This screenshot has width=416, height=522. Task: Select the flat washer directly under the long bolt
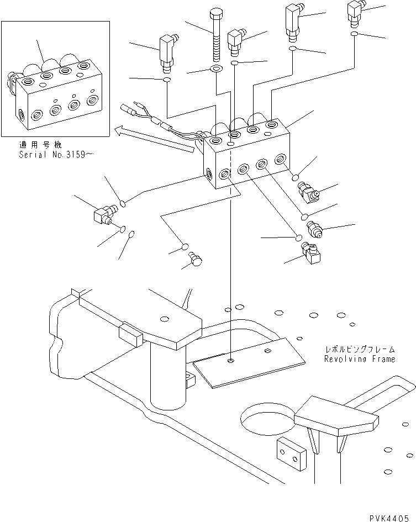click(x=215, y=70)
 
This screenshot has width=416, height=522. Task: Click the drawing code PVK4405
click(x=391, y=515)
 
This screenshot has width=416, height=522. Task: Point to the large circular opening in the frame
click(x=268, y=416)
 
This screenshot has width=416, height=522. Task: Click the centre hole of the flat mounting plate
click(x=230, y=361)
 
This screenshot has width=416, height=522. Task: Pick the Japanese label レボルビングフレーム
click(x=360, y=350)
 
